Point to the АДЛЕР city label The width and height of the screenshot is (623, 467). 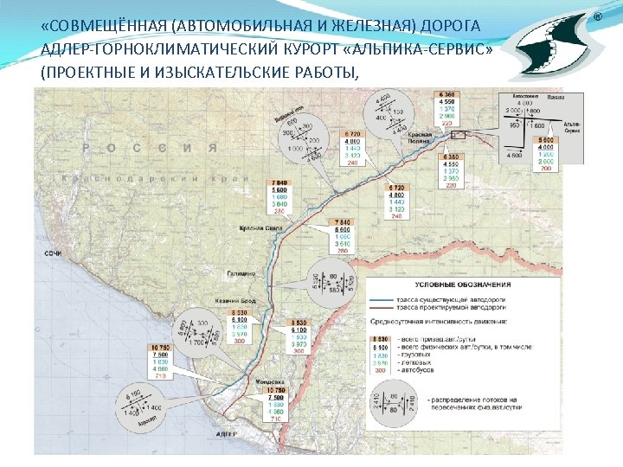[x=224, y=432]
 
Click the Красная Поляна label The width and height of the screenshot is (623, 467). [x=421, y=138]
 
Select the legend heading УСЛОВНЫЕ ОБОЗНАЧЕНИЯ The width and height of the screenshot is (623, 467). [x=462, y=284]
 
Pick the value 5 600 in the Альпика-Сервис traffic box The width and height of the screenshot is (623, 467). [x=545, y=140]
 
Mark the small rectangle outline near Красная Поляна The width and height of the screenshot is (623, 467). [x=455, y=134]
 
